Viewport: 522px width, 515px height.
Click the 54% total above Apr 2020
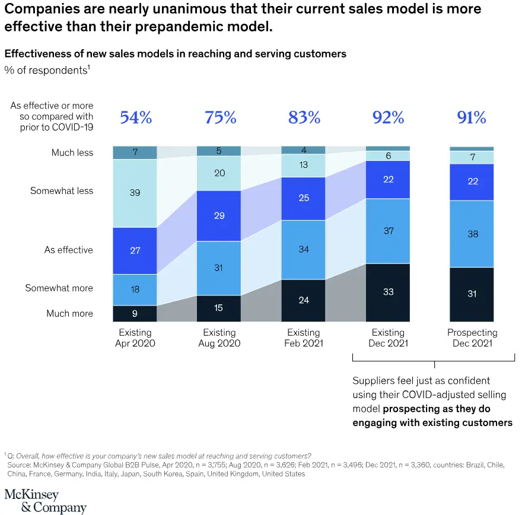point(136,117)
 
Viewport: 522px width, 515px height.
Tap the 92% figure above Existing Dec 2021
point(388,117)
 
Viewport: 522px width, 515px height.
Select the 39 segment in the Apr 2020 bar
point(135,193)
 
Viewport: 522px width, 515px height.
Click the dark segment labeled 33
point(388,292)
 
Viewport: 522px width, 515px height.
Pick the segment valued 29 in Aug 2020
point(219,215)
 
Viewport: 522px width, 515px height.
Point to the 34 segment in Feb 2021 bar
point(304,249)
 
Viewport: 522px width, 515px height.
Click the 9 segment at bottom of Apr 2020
point(135,313)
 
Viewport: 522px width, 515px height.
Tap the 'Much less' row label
point(72,153)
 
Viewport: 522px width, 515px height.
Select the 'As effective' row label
point(68,250)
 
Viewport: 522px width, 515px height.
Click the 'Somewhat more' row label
point(59,288)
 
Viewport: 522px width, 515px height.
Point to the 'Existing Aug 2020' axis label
point(219,338)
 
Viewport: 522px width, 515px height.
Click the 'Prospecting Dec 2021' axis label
point(472,338)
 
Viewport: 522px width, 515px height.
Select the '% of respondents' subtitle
point(47,70)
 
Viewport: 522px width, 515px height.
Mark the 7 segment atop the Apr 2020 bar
point(135,152)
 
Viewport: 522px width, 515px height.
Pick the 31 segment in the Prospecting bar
point(472,293)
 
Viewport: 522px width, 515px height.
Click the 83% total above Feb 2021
point(304,117)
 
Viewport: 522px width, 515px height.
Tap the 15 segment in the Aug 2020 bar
point(219,309)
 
